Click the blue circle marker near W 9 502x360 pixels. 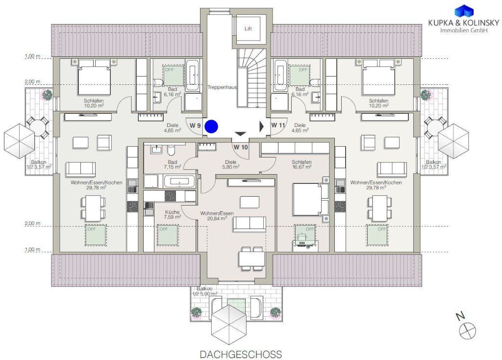(x=211, y=127)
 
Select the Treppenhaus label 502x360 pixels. (x=222, y=87)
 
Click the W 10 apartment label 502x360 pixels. (x=240, y=147)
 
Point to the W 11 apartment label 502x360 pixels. (x=278, y=125)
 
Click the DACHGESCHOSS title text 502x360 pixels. (x=241, y=354)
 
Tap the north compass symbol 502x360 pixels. (x=467, y=331)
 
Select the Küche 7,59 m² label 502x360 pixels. (x=172, y=215)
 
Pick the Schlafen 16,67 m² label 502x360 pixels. (x=301, y=165)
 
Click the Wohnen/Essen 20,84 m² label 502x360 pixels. (x=213, y=216)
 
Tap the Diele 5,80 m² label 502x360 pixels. (x=231, y=164)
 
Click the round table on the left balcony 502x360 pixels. (x=37, y=127)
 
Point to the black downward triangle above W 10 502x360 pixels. (x=240, y=134)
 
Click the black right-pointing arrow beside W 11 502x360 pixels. (x=261, y=126)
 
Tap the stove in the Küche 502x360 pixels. (x=169, y=196)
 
